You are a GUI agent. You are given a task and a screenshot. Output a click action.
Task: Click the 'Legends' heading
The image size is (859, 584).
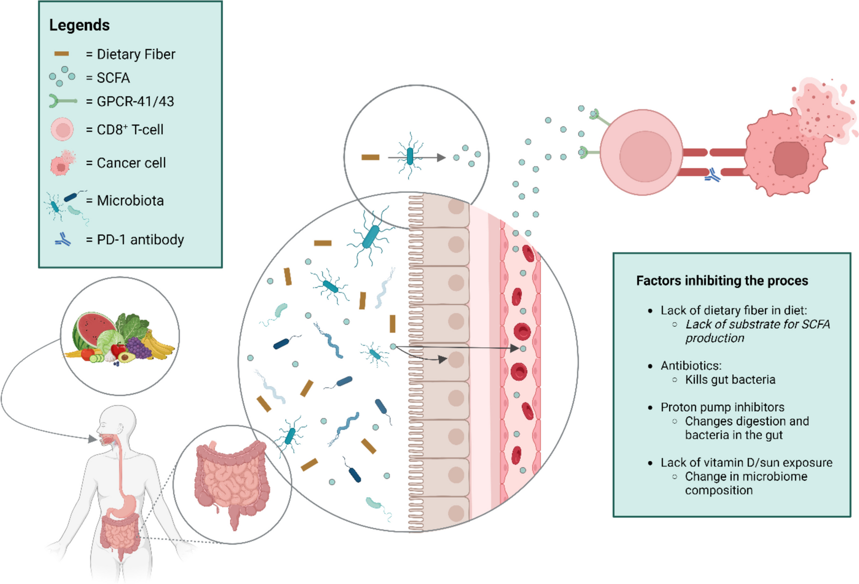79,25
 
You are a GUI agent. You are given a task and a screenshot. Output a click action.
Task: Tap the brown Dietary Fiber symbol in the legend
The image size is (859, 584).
62,54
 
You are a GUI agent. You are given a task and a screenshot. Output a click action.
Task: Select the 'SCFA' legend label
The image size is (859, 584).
113,78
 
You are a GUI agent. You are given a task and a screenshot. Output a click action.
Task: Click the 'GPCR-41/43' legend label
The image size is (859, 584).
135,101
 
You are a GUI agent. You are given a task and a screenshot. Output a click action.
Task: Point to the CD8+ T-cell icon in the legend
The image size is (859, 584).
62,129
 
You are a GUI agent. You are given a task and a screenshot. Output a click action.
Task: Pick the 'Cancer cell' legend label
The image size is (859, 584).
131,163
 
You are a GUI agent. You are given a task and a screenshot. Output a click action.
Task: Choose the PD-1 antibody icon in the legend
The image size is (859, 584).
63,240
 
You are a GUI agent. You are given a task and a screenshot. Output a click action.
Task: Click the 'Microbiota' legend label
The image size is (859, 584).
130,200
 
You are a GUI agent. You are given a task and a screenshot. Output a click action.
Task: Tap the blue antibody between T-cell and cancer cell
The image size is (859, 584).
713,175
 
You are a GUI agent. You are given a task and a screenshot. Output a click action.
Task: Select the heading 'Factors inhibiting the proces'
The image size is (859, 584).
722,281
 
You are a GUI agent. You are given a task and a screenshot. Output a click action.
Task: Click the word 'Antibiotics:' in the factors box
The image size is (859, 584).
691,366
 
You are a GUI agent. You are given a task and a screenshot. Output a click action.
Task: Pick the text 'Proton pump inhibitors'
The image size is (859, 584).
722,407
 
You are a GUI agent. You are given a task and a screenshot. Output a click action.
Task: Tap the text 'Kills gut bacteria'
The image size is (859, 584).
730,380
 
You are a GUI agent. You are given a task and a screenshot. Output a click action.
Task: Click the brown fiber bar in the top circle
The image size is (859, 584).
370,157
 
